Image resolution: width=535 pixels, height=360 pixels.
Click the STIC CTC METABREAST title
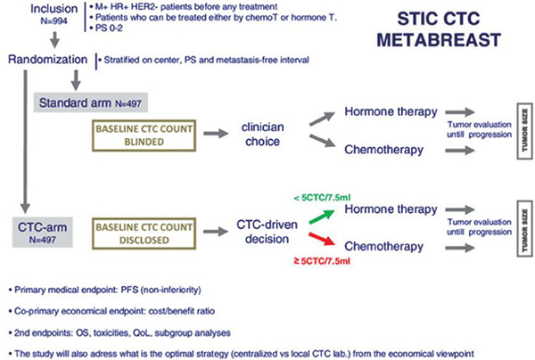(x=439, y=29)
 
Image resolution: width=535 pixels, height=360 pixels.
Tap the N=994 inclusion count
(x=53, y=21)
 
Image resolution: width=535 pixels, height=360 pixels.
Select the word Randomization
(x=48, y=60)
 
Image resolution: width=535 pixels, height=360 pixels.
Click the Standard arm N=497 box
(x=90, y=102)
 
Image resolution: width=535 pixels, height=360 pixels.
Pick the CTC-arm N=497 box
(x=42, y=233)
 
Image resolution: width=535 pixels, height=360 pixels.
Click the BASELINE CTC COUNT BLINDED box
(x=144, y=135)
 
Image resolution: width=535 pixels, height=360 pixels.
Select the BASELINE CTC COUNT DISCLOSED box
(x=144, y=233)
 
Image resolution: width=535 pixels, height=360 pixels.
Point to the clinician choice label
(x=263, y=134)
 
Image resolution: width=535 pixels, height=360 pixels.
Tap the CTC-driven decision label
(x=267, y=232)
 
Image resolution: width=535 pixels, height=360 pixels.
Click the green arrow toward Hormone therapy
(x=322, y=217)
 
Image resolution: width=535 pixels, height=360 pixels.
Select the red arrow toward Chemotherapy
(x=322, y=239)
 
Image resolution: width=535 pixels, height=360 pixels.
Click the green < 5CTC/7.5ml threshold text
(x=322, y=198)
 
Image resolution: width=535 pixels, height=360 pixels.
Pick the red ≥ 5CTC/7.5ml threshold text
(x=322, y=261)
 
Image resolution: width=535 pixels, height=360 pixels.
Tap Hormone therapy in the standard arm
(x=391, y=111)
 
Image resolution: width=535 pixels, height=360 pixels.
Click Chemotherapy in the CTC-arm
(x=383, y=247)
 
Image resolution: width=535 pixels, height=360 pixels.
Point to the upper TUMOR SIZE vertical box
(x=525, y=131)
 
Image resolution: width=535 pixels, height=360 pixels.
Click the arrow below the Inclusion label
(x=54, y=39)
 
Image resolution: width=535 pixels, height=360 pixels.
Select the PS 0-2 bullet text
(x=106, y=28)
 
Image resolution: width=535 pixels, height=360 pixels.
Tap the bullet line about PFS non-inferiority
(x=104, y=290)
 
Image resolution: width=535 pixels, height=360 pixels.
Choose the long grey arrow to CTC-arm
(x=25, y=142)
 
